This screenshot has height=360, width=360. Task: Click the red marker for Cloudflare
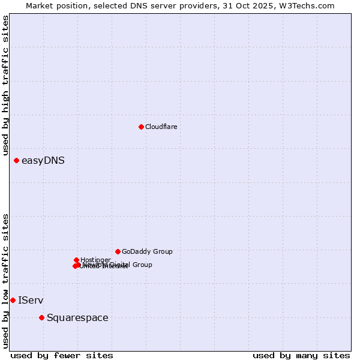coord(141,127)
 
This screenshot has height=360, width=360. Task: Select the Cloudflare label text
coord(161,127)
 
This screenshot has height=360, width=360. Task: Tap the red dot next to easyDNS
coord(16,160)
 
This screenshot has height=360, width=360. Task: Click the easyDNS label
coord(43,160)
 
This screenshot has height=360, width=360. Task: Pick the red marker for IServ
coord(13,300)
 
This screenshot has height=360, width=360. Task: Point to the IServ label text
coord(31,300)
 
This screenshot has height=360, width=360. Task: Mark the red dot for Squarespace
coord(41,317)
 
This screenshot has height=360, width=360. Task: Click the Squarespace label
coord(77,317)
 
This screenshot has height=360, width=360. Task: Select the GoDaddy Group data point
coord(118,251)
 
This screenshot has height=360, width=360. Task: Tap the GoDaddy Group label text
coord(147,251)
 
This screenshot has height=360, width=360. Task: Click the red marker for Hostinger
coord(76,260)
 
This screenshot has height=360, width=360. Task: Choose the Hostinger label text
coord(95,260)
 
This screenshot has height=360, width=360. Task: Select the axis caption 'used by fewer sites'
coord(62,355)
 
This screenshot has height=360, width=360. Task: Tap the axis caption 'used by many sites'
coord(301,355)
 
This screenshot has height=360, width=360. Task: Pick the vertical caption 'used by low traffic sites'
coord(6,281)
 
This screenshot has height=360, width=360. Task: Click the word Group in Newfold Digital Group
coord(142,265)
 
